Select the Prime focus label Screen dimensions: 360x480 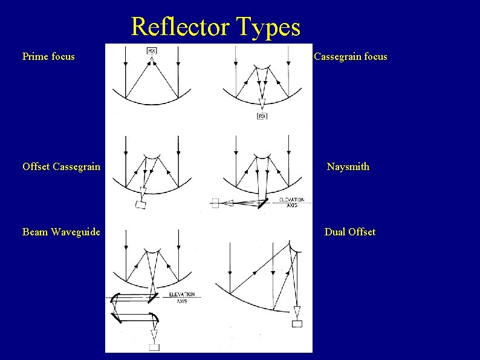[x=48, y=57]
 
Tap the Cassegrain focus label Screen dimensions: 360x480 [x=351, y=57]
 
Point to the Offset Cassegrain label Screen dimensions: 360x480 [x=61, y=166]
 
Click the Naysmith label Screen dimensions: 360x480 [x=348, y=166]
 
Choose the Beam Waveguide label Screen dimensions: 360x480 [x=61, y=232]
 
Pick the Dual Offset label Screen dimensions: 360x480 [x=349, y=232]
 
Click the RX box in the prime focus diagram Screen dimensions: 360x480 [x=152, y=51]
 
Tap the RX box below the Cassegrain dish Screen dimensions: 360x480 [x=262, y=116]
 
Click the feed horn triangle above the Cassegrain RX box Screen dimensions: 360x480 [x=262, y=103]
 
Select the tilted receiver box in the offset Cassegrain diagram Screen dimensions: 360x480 [x=141, y=205]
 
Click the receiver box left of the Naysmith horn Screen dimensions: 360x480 [x=215, y=203]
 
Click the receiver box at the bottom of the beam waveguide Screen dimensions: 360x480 [x=154, y=347]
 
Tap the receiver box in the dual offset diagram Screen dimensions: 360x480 [x=297, y=324]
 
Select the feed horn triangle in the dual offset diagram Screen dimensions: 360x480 [x=297, y=312]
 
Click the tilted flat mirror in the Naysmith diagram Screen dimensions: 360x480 [x=263, y=202]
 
